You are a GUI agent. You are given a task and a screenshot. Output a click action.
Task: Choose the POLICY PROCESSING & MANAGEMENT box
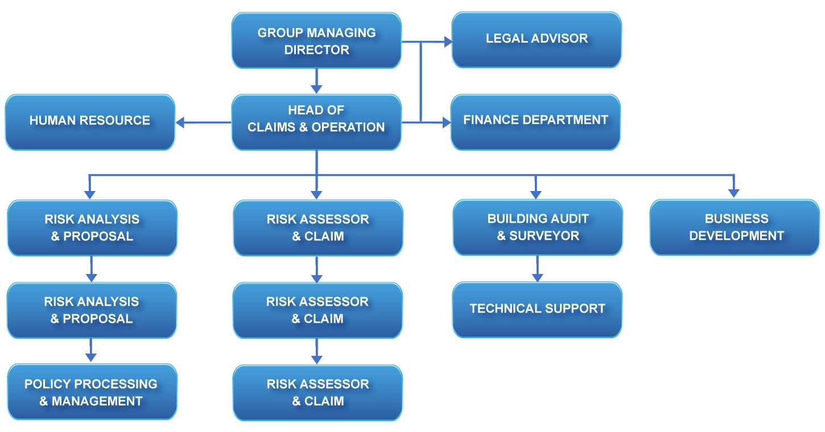pyautogui.click(x=91, y=393)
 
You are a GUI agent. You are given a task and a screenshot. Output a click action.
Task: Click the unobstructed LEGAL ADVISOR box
pyautogui.click(x=537, y=39)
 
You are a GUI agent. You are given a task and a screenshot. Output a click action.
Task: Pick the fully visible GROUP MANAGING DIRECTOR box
pyautogui.click(x=316, y=41)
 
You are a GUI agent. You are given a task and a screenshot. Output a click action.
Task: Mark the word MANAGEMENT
pyautogui.click(x=97, y=401)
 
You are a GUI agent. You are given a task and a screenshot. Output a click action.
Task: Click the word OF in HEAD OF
pyautogui.click(x=336, y=110)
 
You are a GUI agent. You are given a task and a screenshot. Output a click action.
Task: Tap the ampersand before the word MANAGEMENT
pyautogui.click(x=43, y=401)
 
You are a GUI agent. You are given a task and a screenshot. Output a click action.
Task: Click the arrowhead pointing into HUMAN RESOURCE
pyautogui.click(x=180, y=122)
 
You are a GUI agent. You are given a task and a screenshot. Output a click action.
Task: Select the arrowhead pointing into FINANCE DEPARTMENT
pyautogui.click(x=447, y=122)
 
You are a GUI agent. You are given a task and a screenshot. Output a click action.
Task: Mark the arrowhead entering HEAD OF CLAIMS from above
pyautogui.click(x=316, y=89)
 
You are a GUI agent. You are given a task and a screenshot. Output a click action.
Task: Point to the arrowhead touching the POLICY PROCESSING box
pyautogui.click(x=181, y=378)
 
